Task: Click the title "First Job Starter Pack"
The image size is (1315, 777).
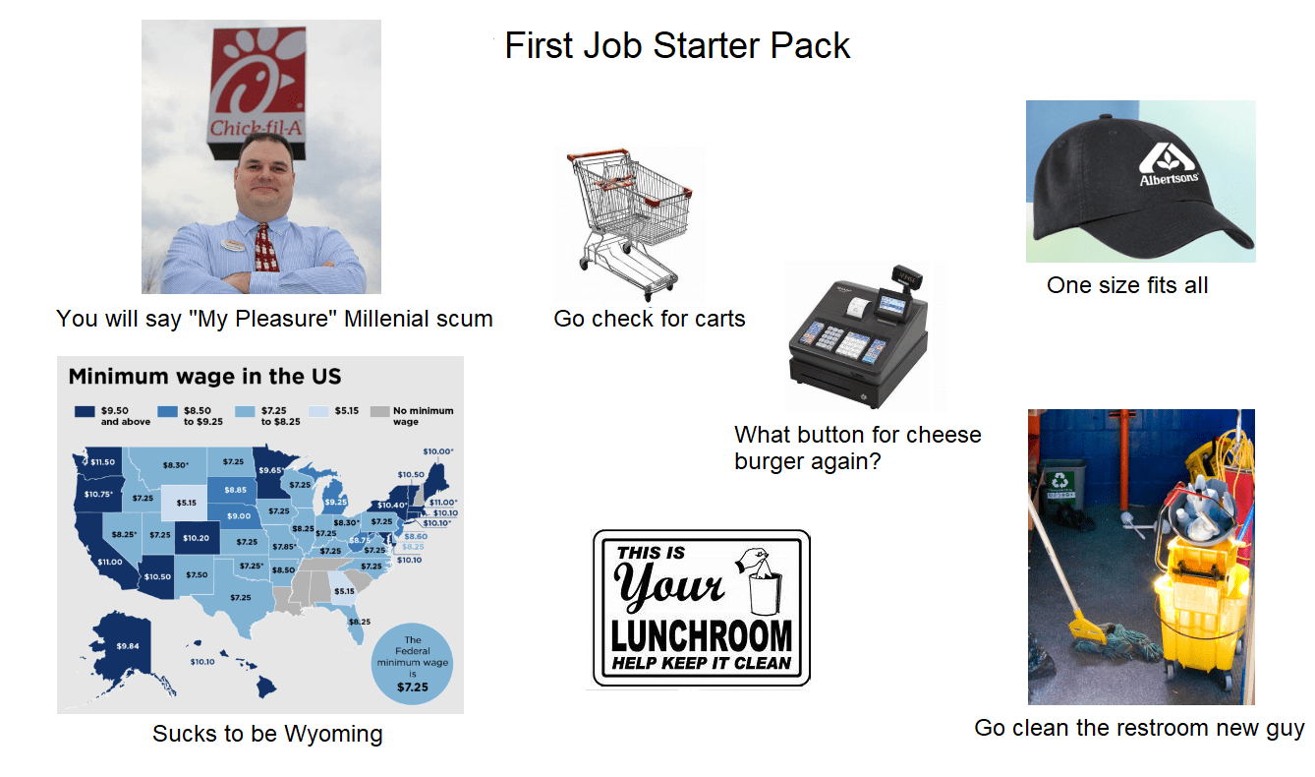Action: click(677, 45)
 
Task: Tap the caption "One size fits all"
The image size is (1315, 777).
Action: click(1127, 285)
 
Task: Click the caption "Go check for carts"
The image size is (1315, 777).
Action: click(650, 319)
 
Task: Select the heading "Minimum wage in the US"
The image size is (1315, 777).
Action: click(204, 377)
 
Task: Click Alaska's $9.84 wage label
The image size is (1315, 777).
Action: click(128, 645)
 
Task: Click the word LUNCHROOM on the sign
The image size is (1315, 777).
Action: click(701, 635)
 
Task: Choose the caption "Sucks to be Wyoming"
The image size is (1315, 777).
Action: click(267, 734)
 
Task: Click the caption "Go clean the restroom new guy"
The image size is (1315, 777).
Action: click(1139, 728)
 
